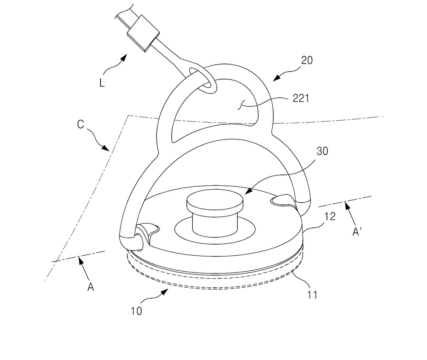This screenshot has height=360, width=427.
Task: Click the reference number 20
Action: point(307,61)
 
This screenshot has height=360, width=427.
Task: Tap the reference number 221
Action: point(301,98)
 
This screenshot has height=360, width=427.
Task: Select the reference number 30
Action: point(322,151)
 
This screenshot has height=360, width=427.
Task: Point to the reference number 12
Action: point(330,216)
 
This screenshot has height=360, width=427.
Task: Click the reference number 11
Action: point(312,295)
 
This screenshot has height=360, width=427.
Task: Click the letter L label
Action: point(102,83)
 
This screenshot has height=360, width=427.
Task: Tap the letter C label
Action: point(80,124)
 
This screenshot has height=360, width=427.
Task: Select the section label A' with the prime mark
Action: point(357,232)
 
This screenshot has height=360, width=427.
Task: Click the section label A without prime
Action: point(91,287)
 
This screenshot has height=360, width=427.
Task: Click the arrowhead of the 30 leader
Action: point(248,191)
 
